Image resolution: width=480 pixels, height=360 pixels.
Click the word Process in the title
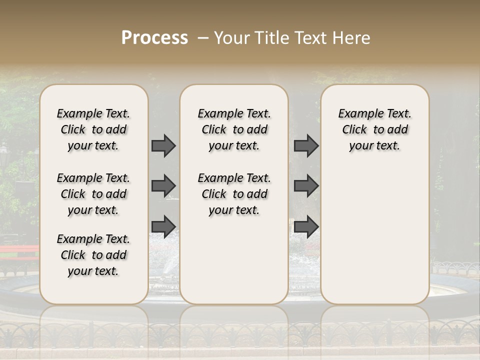tap(154, 38)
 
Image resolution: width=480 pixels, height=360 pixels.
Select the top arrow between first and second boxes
tap(163, 145)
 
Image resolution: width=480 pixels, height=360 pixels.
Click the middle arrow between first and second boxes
tap(163, 186)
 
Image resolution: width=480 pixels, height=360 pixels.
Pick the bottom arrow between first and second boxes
tap(163, 226)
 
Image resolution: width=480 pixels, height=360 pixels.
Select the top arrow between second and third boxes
tap(306, 145)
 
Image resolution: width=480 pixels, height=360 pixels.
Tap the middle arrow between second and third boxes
tap(306, 186)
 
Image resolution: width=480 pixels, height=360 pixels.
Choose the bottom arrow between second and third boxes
tap(306, 226)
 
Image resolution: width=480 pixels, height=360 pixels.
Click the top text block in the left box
tap(93, 129)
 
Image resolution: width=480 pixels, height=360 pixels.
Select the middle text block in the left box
tap(93, 194)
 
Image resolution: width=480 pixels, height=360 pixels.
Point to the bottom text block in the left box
tap(93, 255)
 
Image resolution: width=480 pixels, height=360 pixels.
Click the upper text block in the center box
tap(234, 129)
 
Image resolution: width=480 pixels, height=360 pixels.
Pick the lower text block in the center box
tap(234, 194)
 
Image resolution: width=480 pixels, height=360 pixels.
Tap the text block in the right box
tap(375, 129)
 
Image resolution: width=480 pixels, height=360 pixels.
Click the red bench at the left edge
tap(19, 253)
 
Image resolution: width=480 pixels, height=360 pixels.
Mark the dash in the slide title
tap(203, 38)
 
